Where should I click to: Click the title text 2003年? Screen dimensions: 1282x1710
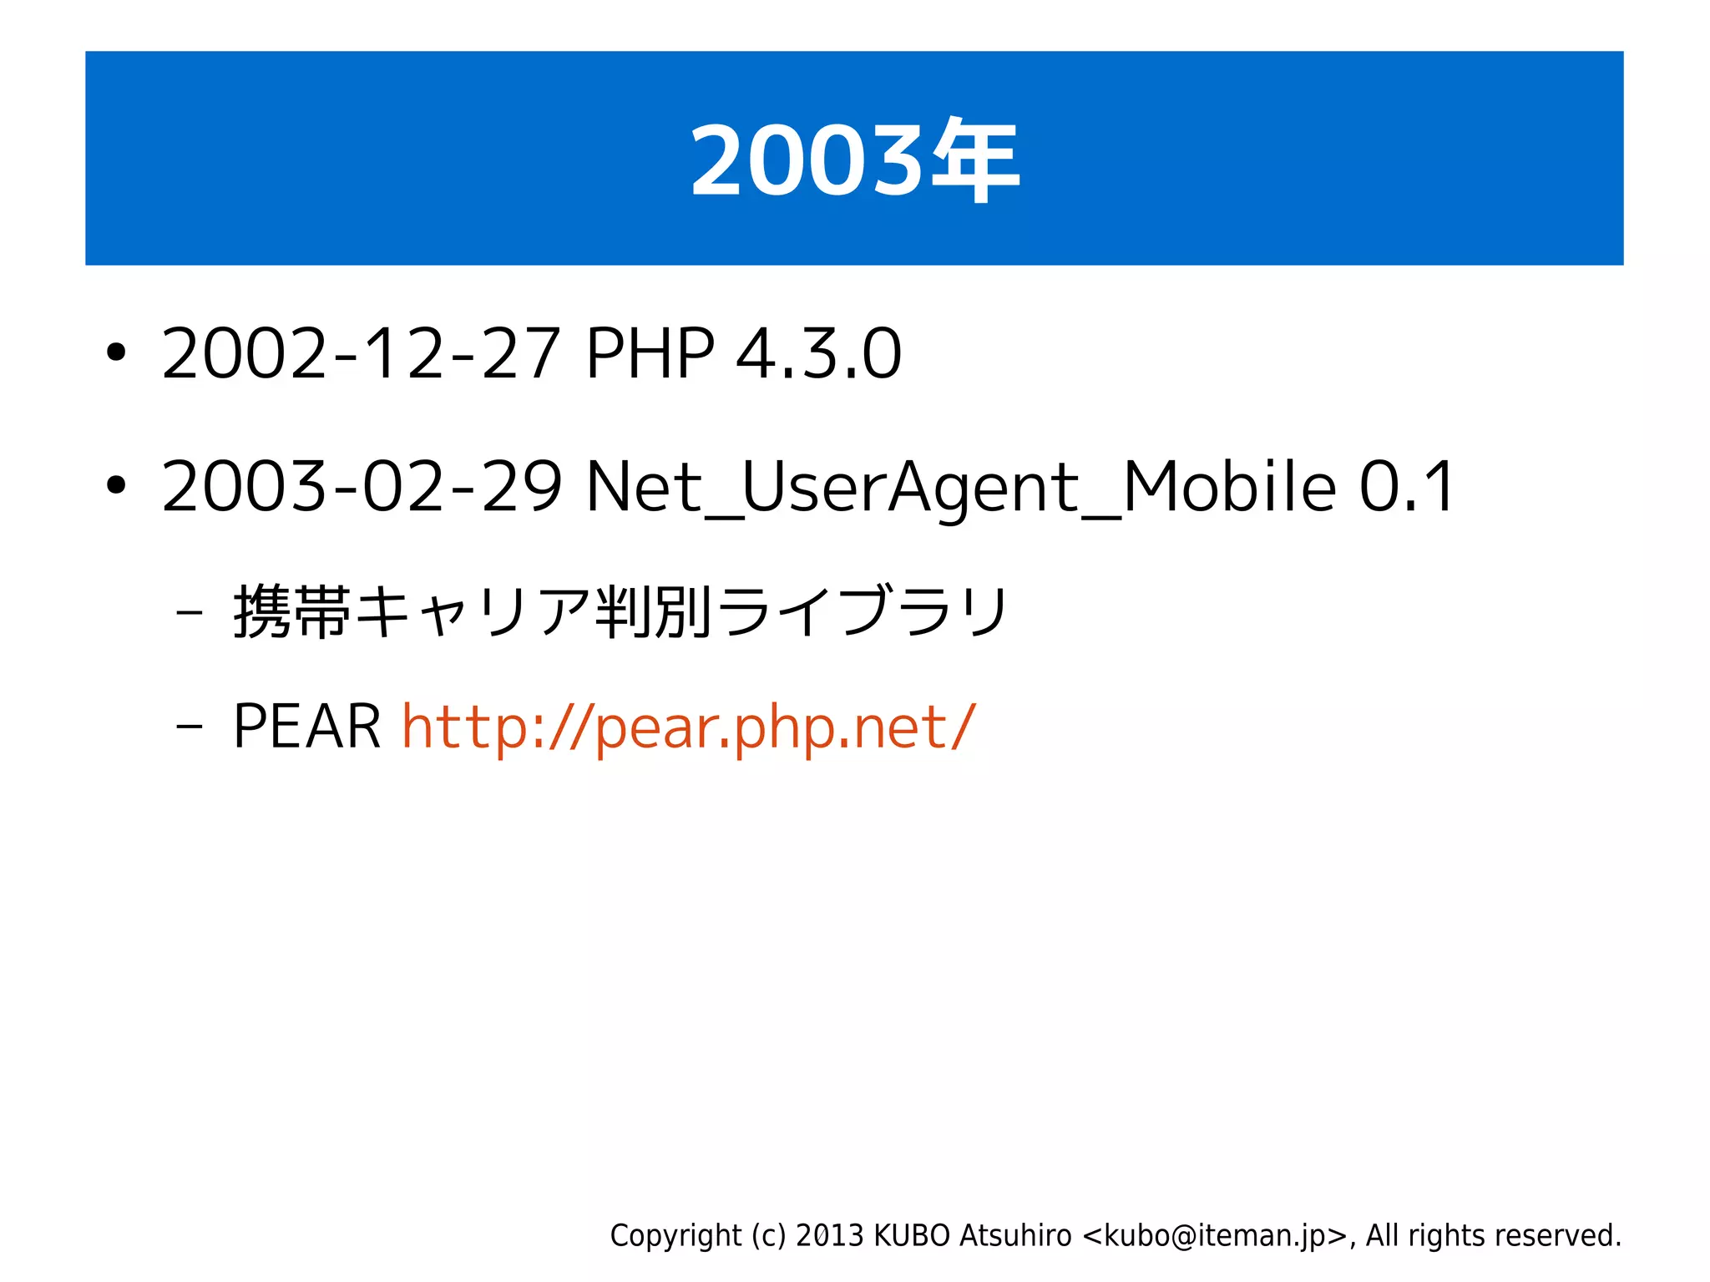[854, 160]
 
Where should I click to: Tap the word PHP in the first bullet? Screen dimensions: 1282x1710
[650, 354]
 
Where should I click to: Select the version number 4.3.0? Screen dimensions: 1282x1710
[818, 354]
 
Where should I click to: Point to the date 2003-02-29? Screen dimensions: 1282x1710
[362, 487]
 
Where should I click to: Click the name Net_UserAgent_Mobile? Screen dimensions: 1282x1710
[960, 487]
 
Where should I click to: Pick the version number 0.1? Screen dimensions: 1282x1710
[1408, 487]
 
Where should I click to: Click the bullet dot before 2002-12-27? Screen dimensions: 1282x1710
[116, 353]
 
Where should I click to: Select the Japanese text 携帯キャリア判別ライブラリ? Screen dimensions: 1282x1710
[621, 612]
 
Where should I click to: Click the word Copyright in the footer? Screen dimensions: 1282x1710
[675, 1235]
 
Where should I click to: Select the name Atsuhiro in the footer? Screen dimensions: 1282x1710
[1014, 1235]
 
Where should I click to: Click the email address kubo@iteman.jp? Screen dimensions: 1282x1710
[1215, 1235]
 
